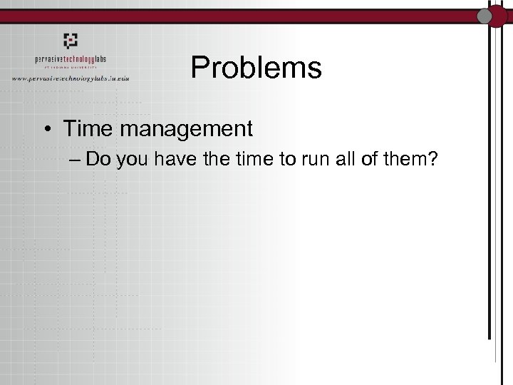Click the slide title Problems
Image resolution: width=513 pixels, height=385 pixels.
(256, 68)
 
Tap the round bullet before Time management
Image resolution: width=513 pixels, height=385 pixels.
(46, 130)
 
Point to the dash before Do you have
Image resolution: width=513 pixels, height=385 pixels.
(76, 160)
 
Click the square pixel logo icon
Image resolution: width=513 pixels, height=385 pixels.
(71, 40)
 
